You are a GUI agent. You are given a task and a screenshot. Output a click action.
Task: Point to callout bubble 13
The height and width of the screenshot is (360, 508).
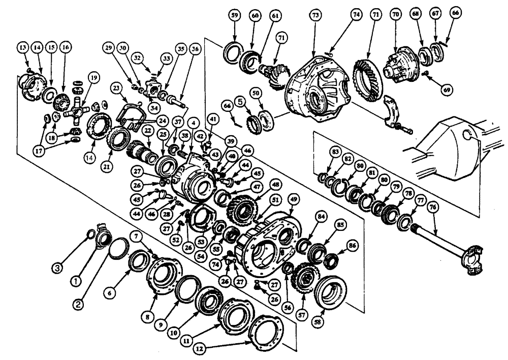(23, 47)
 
